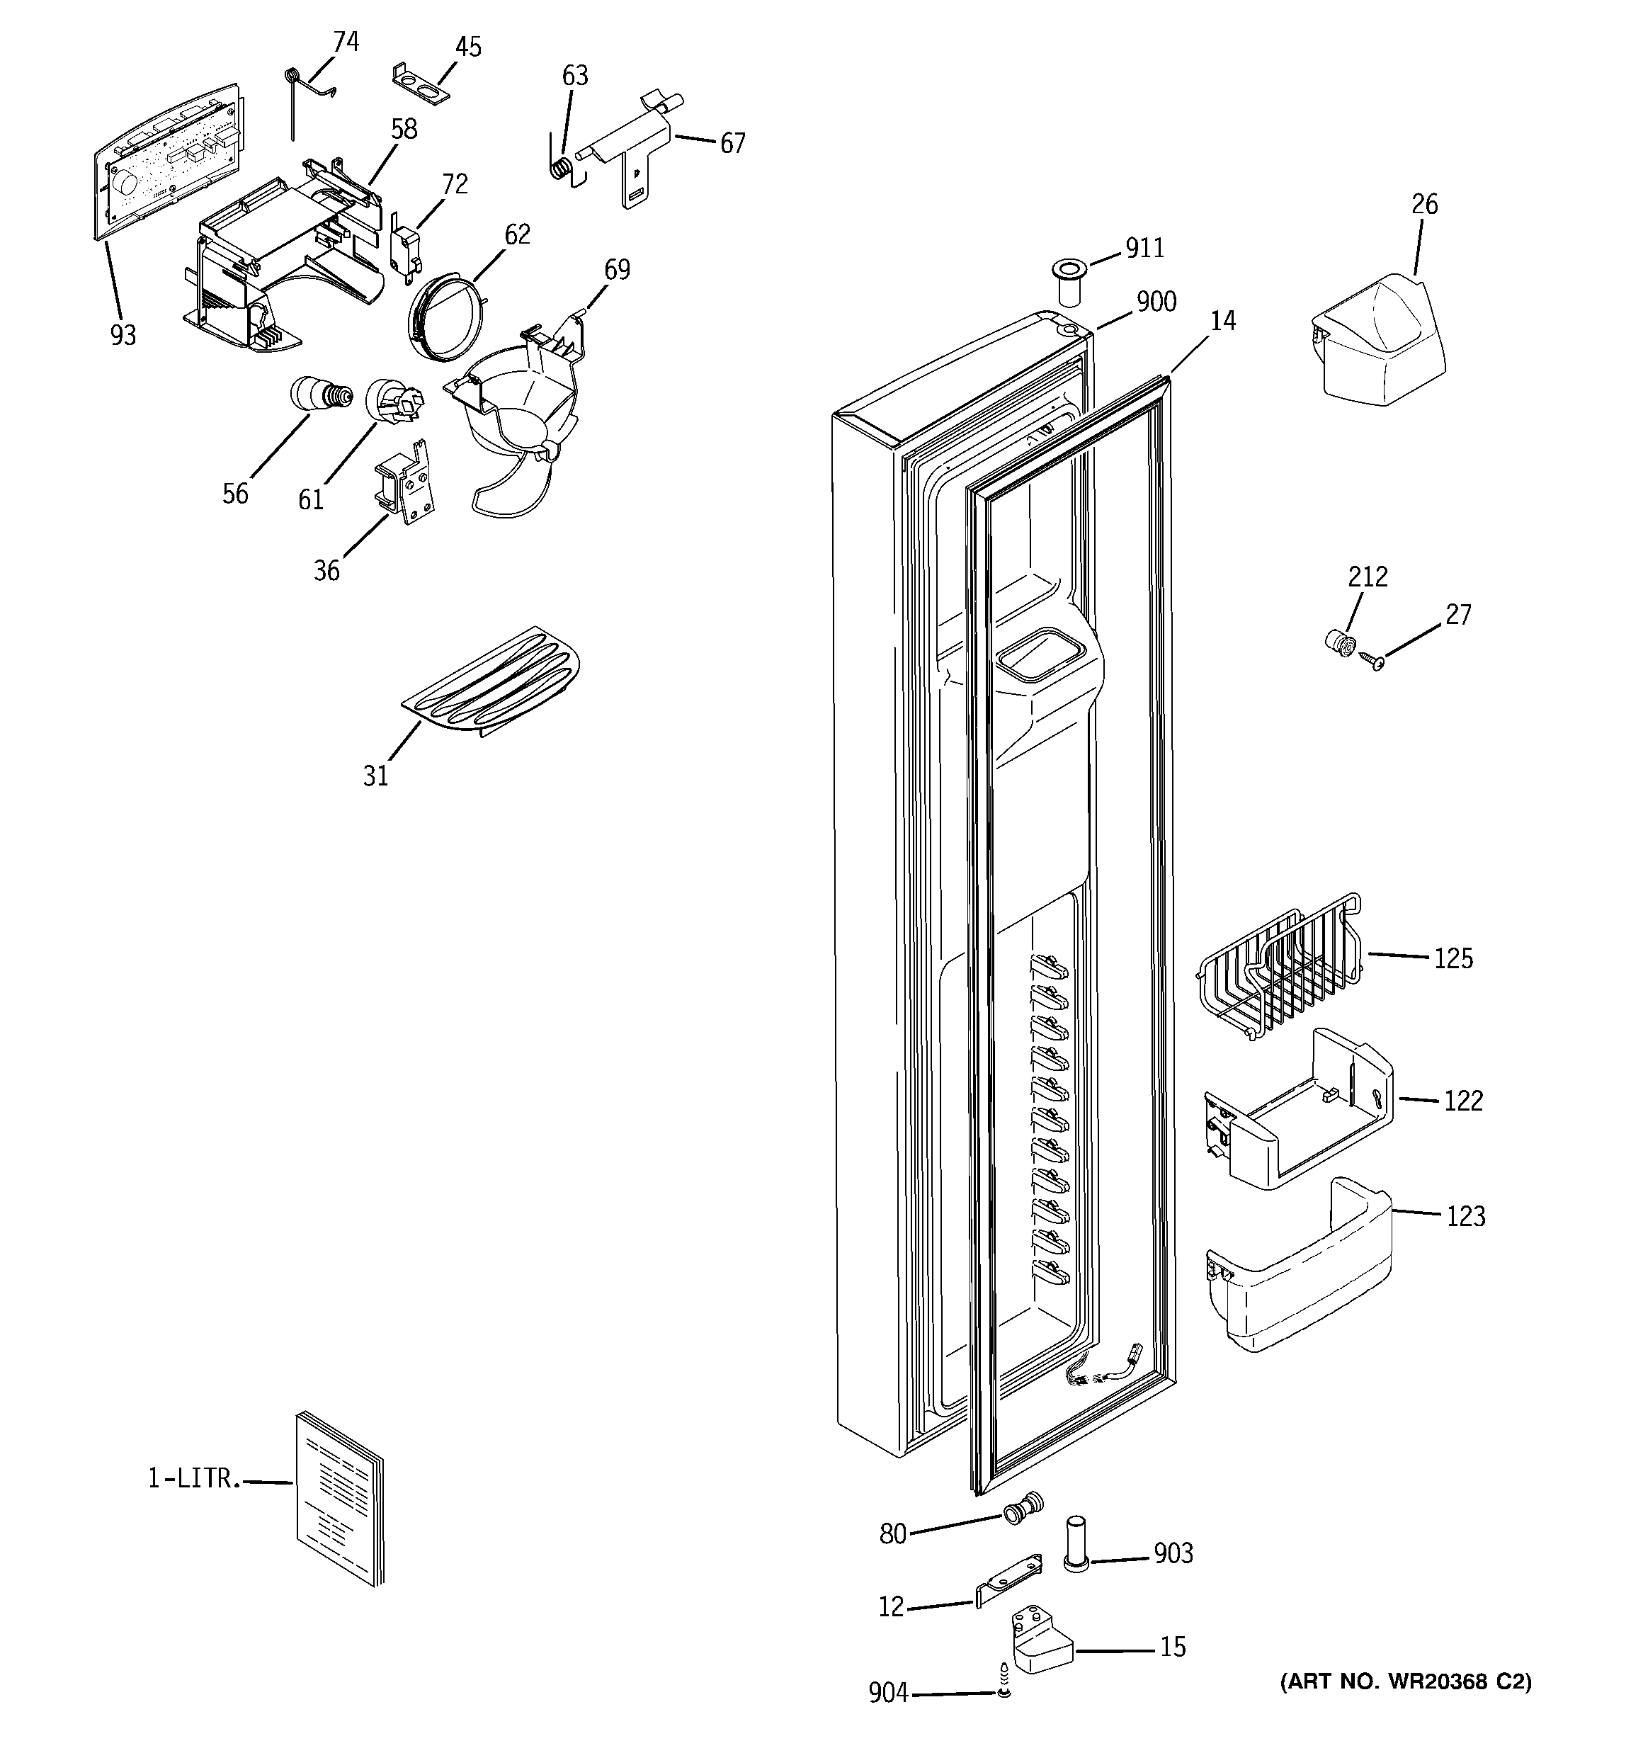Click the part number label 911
click(1144, 249)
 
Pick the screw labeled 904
click(1003, 1687)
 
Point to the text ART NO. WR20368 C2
click(1405, 1681)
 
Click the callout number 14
click(1222, 321)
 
